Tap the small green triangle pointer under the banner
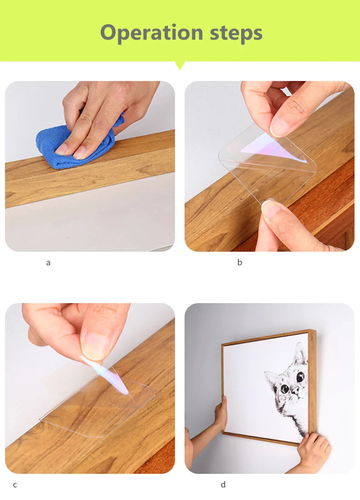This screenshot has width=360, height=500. click(x=180, y=65)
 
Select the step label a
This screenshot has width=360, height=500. click(x=48, y=263)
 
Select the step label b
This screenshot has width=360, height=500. click(x=240, y=262)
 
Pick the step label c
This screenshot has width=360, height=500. click(x=15, y=485)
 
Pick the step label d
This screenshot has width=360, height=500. click(x=223, y=484)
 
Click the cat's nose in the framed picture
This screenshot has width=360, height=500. click(x=295, y=390)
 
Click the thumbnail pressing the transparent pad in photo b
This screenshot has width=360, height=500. click(x=270, y=208)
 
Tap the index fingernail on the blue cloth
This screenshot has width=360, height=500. click(x=61, y=148)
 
